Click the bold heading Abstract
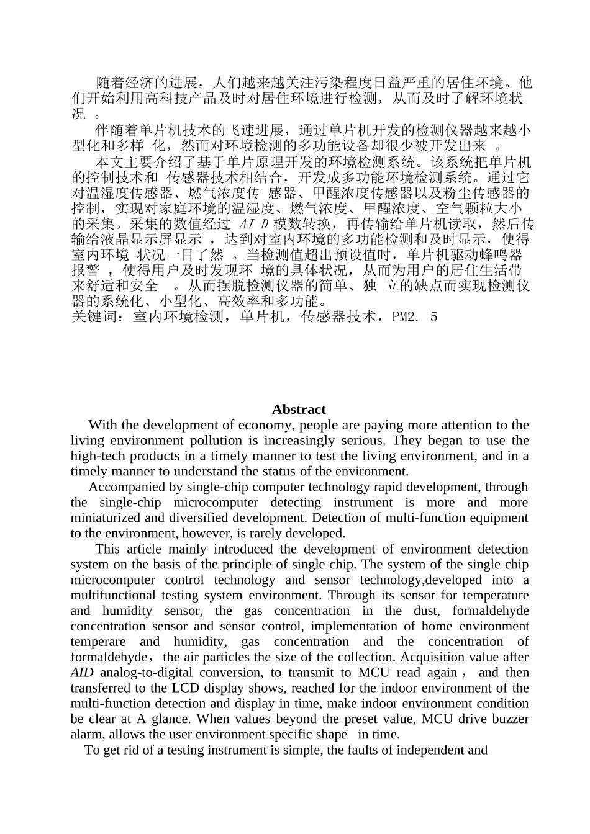(298, 410)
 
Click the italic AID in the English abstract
(82, 673)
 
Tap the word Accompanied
(127, 487)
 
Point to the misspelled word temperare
(98, 642)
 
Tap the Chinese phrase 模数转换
(302, 224)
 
